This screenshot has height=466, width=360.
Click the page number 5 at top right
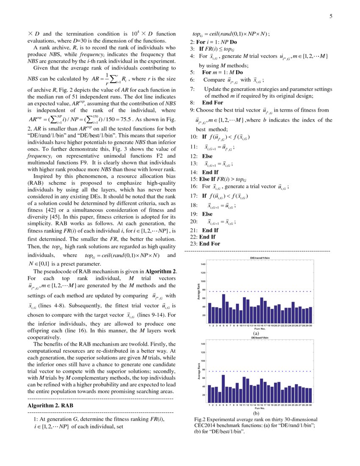point(331,17)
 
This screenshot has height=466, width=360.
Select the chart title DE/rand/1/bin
point(259,258)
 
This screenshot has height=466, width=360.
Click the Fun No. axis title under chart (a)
point(260,328)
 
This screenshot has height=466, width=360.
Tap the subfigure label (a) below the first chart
point(256,333)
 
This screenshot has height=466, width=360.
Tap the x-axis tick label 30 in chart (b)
point(310,405)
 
